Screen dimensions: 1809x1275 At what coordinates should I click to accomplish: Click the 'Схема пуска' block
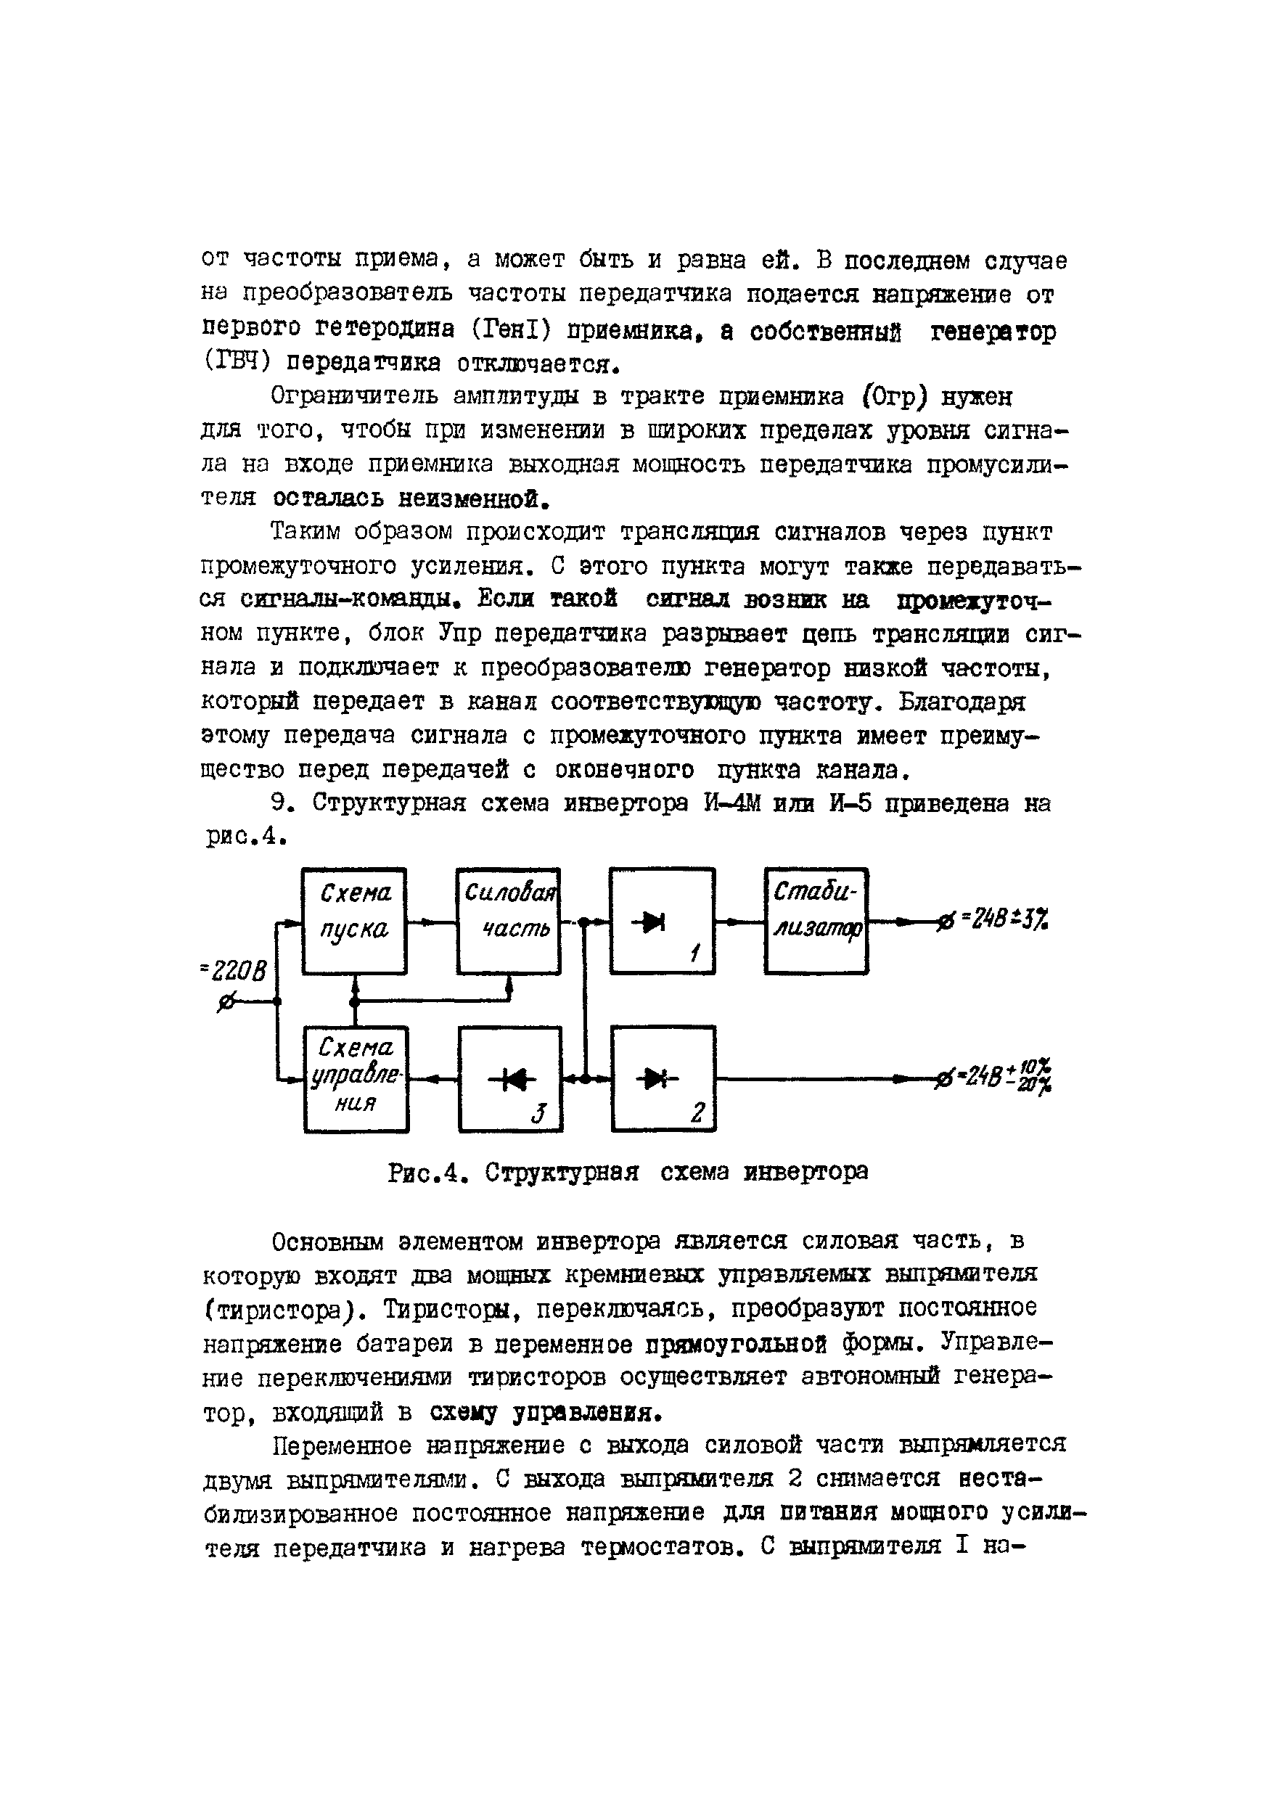click(354, 921)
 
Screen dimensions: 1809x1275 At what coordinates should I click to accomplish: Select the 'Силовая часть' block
click(508, 921)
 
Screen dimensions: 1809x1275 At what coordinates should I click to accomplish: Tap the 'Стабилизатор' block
click(816, 921)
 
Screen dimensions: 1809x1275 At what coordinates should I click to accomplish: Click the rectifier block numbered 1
click(663, 921)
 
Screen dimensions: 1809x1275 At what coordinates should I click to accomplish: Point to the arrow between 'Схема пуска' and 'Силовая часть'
click(432, 922)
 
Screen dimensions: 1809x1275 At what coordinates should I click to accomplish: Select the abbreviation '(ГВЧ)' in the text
click(238, 364)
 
